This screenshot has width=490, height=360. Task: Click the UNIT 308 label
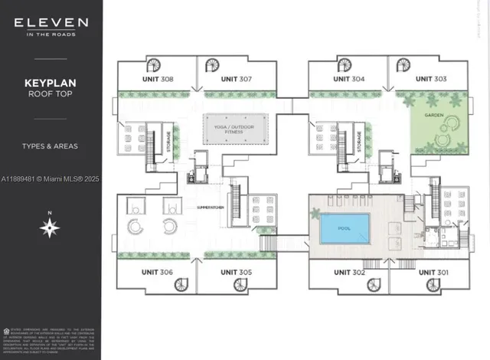[157, 79]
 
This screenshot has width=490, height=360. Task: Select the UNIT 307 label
[237, 79]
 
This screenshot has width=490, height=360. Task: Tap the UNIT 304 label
[348, 79]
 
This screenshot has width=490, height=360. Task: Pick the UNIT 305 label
[236, 273]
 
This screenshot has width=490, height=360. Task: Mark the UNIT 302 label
[348, 273]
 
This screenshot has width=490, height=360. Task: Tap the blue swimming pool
[345, 227]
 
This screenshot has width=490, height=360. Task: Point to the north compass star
[51, 226]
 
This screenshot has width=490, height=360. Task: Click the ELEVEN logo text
[51, 24]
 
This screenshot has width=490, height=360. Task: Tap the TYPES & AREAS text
[51, 146]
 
